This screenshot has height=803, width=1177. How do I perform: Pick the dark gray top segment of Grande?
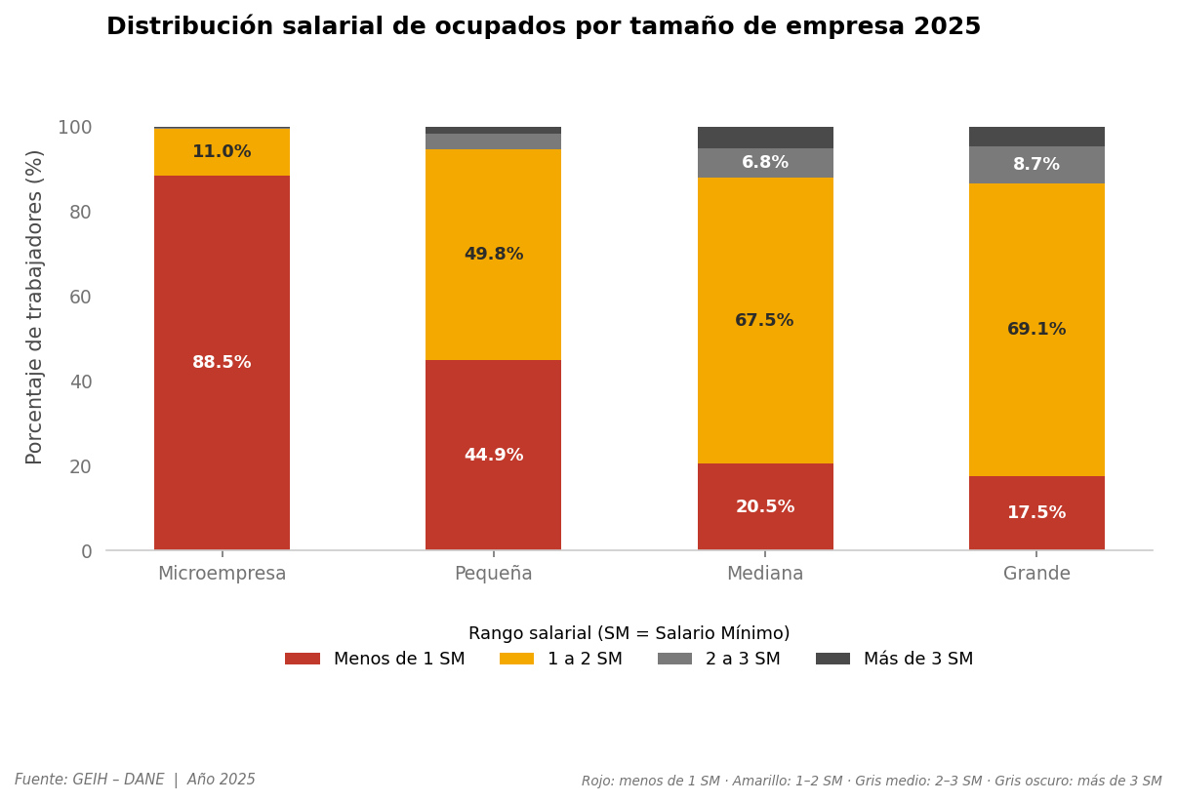(1036, 137)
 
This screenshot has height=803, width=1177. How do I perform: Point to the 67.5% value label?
(764, 321)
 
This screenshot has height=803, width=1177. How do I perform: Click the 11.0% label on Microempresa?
(222, 152)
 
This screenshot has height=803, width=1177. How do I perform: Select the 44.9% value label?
(493, 456)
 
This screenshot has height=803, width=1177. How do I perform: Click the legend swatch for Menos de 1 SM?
(303, 660)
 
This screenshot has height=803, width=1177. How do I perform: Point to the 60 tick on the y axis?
(80, 297)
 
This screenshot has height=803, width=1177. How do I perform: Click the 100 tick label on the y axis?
(74, 127)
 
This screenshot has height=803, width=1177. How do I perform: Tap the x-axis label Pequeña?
(493, 574)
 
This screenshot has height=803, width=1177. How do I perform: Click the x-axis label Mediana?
(764, 574)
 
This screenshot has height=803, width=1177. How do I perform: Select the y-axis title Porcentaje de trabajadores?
(35, 306)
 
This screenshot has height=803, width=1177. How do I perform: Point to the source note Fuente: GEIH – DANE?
(90, 781)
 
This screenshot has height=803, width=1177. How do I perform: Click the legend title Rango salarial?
(629, 634)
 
